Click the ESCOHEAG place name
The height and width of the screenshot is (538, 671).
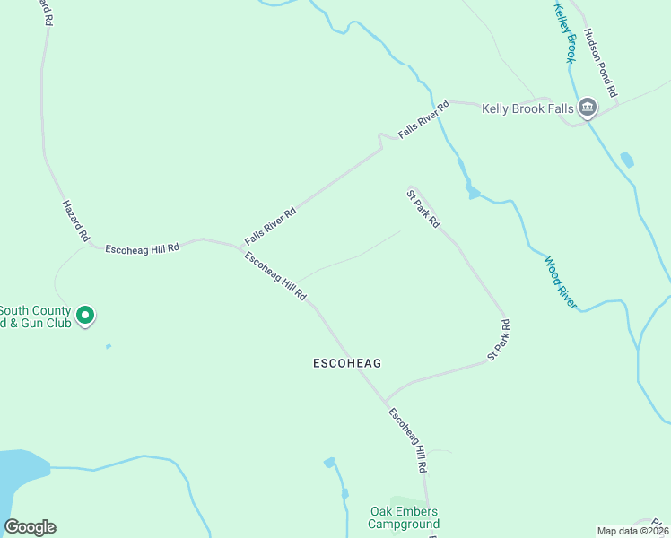[x=347, y=363]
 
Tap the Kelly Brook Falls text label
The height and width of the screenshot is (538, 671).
[x=527, y=108]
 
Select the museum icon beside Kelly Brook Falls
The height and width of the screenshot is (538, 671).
[x=588, y=108]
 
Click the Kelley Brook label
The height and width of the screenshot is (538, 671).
[x=563, y=32]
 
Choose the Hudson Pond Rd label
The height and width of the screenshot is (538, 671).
[x=600, y=62]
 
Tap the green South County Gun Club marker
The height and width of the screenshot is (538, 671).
[x=85, y=316]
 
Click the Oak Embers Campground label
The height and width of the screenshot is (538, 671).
[x=405, y=517]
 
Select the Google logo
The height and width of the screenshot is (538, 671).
[x=30, y=527]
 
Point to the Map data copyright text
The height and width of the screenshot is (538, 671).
[x=632, y=531]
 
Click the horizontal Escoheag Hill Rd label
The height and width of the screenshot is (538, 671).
[x=142, y=247]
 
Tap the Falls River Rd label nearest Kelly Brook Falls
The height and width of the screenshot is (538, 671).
[x=423, y=119]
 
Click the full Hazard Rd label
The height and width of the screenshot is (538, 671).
[x=75, y=221]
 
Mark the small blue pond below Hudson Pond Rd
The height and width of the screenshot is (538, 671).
[x=626, y=161]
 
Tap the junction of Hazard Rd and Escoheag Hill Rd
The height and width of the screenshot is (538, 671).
[x=90, y=247]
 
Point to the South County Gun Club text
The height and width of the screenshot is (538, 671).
[x=36, y=317]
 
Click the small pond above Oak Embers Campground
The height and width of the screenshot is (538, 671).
[x=329, y=463]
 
